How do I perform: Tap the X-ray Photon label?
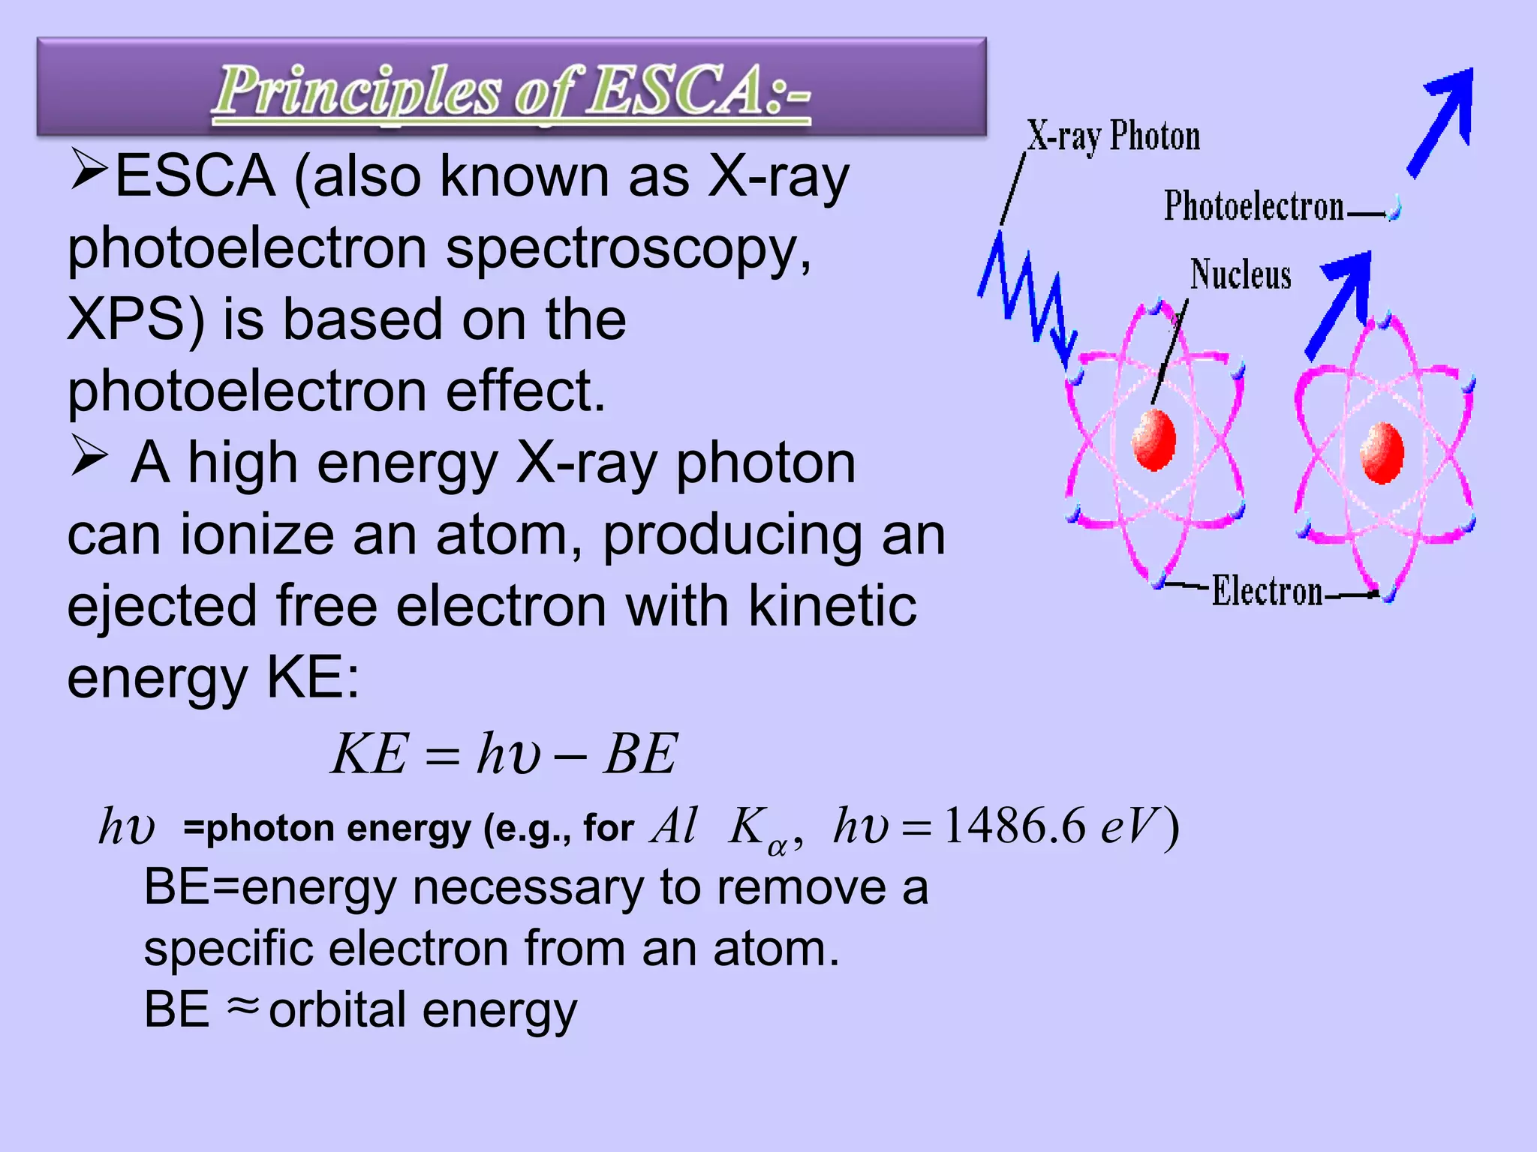(1113, 137)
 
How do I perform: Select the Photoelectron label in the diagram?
(1253, 206)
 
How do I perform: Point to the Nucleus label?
(1241, 274)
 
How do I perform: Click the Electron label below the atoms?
(1268, 592)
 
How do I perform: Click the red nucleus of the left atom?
(1154, 440)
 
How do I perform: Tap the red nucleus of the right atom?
(1382, 452)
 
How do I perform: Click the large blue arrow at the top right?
(1445, 120)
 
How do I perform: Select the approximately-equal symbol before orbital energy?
(242, 1007)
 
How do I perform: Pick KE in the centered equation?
(371, 754)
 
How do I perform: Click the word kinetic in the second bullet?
(832, 606)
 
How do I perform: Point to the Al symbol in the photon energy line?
(674, 826)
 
